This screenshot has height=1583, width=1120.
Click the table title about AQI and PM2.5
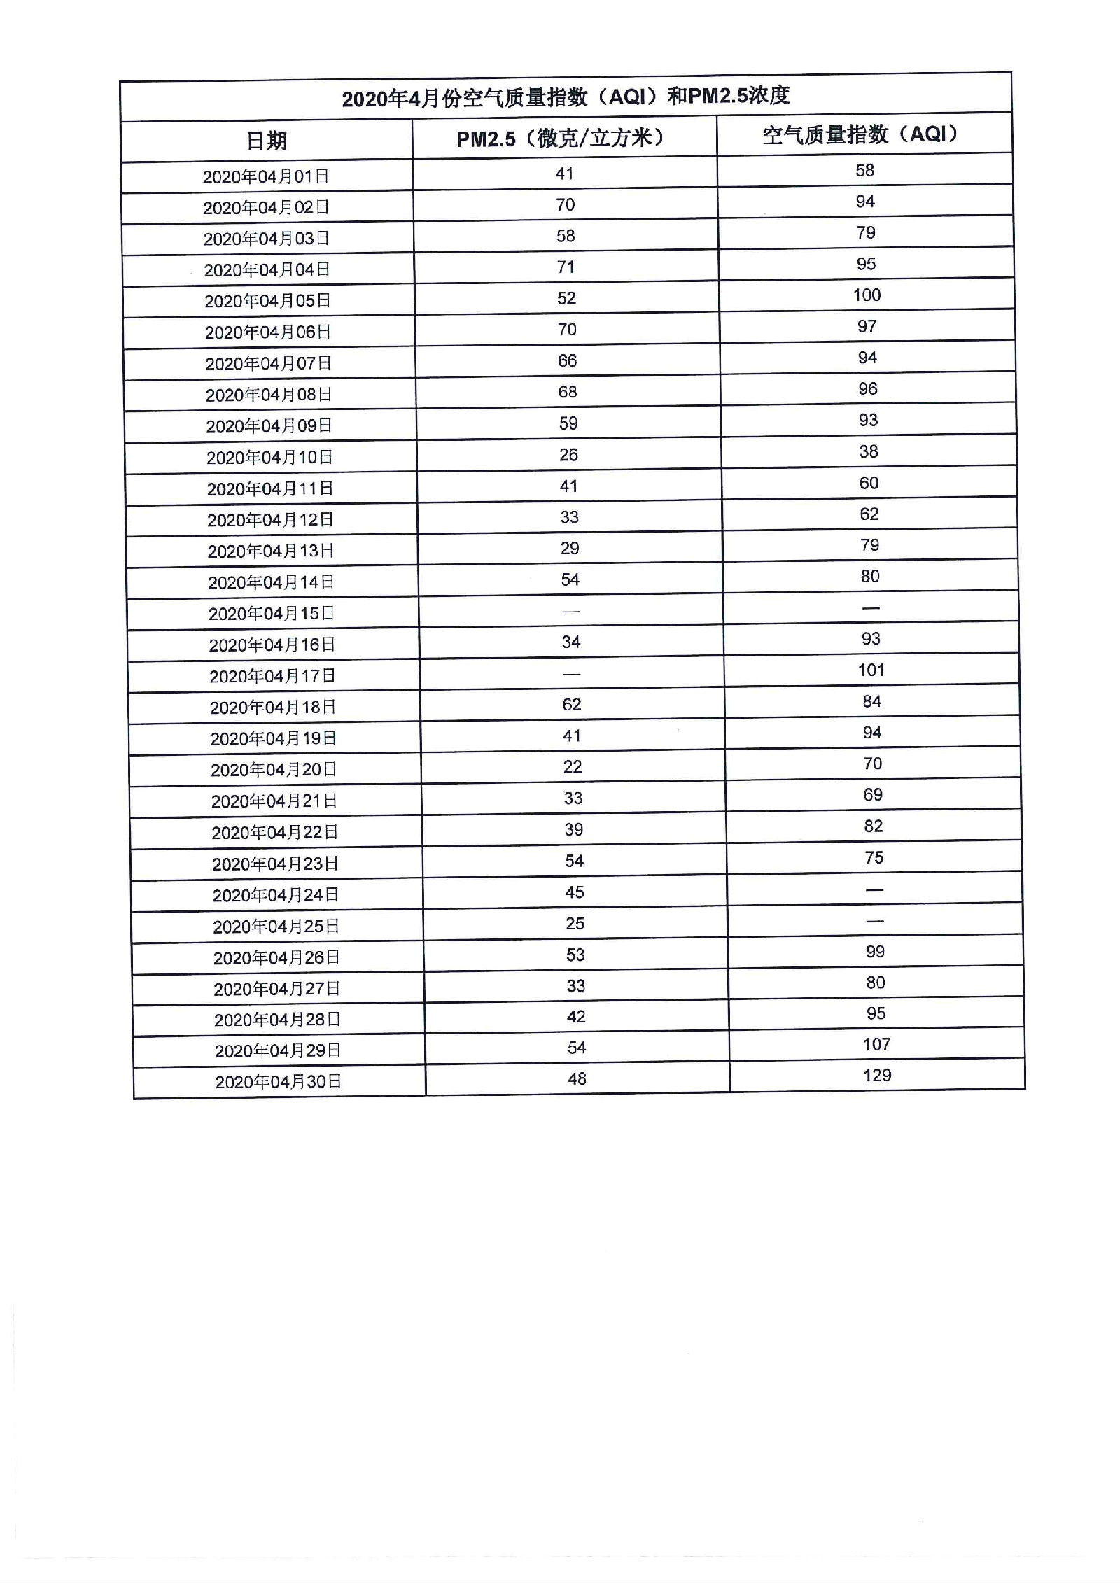(x=566, y=97)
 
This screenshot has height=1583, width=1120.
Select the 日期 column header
(x=267, y=141)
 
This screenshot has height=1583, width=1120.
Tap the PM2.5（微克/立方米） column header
(x=561, y=138)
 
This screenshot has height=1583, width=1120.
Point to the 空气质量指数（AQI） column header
(x=860, y=134)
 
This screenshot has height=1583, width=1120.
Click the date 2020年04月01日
(x=266, y=176)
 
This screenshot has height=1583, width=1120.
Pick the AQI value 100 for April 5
(x=867, y=295)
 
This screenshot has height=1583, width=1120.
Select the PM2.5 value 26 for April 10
(x=568, y=455)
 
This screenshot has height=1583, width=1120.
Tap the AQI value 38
(x=869, y=451)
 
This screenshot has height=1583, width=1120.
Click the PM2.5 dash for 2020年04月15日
(x=571, y=611)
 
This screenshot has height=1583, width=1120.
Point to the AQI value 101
(x=871, y=670)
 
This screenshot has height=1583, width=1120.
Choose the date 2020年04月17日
(x=272, y=676)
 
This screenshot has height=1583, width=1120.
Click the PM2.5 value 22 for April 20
(x=573, y=767)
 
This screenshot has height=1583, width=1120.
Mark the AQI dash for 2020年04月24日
(x=874, y=889)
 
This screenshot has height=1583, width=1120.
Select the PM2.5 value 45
(x=574, y=892)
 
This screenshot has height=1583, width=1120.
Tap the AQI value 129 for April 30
(x=877, y=1075)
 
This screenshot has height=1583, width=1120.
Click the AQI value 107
(x=876, y=1044)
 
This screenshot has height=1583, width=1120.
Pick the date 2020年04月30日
(x=278, y=1082)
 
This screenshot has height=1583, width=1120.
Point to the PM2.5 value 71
(x=566, y=267)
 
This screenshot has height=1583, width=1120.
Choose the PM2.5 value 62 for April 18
(x=572, y=704)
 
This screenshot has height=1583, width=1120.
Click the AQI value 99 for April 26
(x=875, y=951)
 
